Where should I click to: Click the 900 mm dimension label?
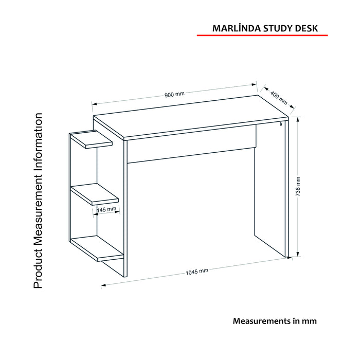174,94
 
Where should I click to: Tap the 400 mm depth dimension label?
279,98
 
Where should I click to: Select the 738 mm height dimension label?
298,186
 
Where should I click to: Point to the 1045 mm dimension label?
197,272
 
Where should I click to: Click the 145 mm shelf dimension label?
106,209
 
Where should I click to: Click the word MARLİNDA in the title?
237,28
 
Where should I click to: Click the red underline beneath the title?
262,35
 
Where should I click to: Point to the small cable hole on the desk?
281,124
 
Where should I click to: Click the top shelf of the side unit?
91,139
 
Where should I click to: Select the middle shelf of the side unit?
94,194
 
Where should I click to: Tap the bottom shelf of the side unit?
97,248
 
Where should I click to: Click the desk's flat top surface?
191,118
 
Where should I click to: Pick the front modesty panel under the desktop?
192,144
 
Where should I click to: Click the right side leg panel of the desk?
272,188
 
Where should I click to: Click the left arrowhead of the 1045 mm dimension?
103,285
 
